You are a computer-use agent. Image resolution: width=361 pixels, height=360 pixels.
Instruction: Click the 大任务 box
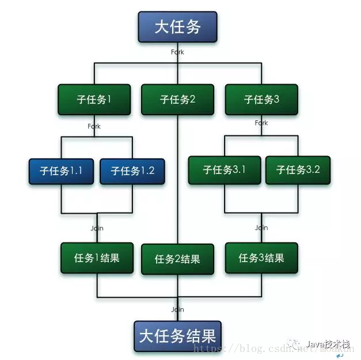coord(177,27)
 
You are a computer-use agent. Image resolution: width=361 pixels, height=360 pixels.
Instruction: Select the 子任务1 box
coord(94,99)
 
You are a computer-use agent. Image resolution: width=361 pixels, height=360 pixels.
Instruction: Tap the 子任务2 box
coord(177,99)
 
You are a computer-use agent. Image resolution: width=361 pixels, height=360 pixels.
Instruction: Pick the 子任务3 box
coord(261,99)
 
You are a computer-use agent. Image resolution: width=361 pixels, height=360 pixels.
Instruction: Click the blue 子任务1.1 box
coord(61,171)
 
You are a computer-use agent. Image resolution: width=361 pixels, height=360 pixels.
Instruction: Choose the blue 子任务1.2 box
coord(132,171)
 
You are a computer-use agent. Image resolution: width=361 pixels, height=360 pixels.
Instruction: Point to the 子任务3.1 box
coord(225,170)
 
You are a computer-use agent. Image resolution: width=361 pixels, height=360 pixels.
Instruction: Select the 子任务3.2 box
coord(298,170)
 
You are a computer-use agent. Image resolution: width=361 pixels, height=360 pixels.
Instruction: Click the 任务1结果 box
coord(97,257)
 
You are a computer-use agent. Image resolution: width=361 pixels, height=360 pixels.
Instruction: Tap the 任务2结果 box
coord(177,259)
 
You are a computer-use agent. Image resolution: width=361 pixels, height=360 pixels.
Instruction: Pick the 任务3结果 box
coord(261,257)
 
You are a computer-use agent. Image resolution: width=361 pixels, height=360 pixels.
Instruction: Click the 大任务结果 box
coord(177,336)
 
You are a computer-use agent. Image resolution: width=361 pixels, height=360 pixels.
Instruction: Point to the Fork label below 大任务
coord(177,52)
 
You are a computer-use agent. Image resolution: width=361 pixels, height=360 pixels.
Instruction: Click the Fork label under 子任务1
coord(94,126)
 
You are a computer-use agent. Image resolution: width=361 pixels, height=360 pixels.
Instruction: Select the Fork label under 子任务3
coord(261,123)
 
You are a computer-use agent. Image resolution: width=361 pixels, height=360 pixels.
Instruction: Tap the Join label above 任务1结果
coord(97,228)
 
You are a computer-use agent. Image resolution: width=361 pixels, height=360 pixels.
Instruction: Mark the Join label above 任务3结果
coord(261,228)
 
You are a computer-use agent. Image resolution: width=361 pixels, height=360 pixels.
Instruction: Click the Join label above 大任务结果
coord(177,309)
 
